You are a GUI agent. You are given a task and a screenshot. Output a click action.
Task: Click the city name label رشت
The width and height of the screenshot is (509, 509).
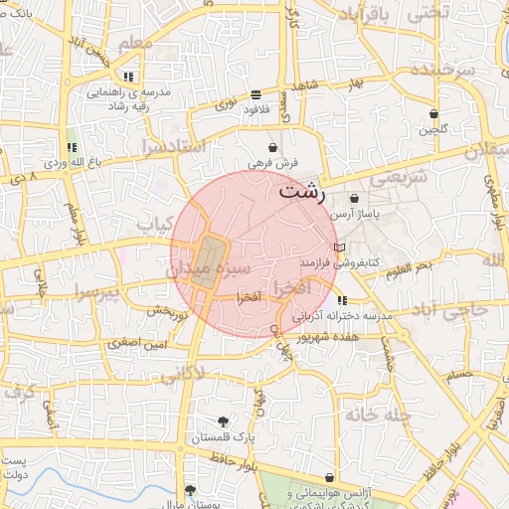tap(301, 192)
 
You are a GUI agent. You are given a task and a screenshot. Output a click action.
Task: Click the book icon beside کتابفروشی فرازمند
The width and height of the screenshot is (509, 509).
tap(340, 247)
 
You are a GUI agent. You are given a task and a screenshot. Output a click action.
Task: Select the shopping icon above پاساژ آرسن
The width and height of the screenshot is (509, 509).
tap(355, 199)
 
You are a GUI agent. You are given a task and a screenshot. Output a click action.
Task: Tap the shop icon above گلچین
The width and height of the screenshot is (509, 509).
tap(433, 113)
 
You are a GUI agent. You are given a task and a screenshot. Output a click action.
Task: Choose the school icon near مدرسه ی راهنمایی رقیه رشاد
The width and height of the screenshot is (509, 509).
tap(128, 77)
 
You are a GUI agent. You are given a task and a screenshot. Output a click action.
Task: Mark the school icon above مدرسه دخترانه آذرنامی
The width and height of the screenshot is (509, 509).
tap(343, 299)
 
